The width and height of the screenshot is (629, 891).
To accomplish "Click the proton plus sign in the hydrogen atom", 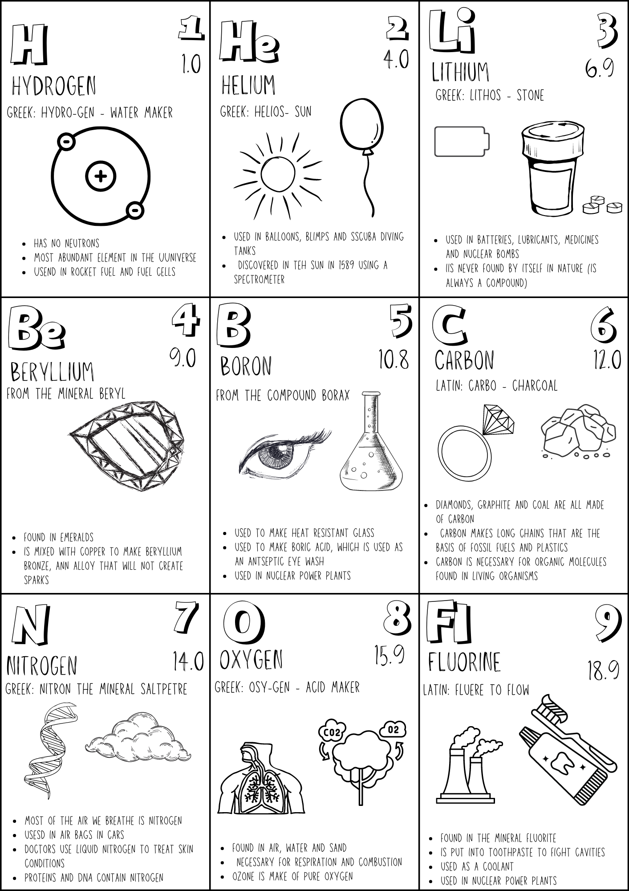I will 101,176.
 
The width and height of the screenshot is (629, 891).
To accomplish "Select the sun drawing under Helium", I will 278,174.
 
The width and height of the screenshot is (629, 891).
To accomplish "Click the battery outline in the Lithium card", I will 462,142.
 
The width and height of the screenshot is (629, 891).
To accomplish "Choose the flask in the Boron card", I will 372,450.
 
